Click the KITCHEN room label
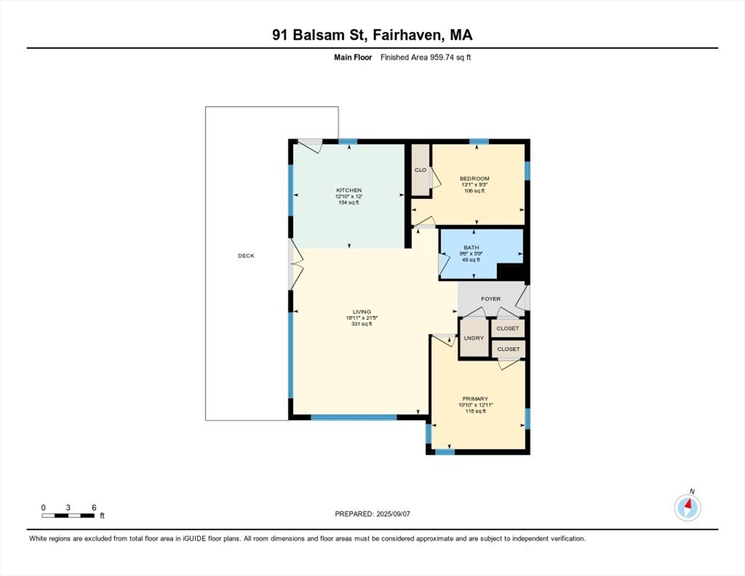349,190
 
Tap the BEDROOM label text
474,178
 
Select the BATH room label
471,247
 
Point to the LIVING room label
361,312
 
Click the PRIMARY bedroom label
476,398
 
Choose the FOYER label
491,298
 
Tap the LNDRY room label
474,338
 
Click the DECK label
246,256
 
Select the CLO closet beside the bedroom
420,169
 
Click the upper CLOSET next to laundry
508,328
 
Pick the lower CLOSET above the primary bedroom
508,349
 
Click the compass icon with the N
687,507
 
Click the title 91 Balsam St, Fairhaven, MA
372,35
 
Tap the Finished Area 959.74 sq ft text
426,58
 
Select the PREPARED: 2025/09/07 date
372,514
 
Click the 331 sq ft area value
361,325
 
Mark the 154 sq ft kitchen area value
349,202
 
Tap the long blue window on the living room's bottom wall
354,418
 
